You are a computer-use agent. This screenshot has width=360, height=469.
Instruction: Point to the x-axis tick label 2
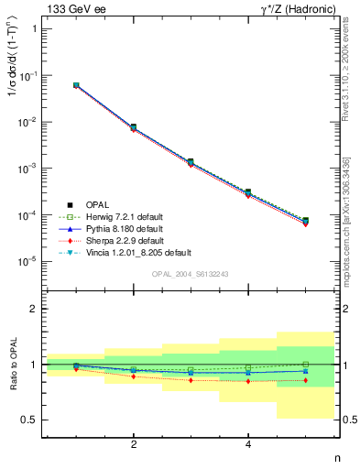135,445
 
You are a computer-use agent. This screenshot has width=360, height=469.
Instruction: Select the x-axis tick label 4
248,445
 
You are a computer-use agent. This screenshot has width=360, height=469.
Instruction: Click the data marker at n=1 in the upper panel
76,85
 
